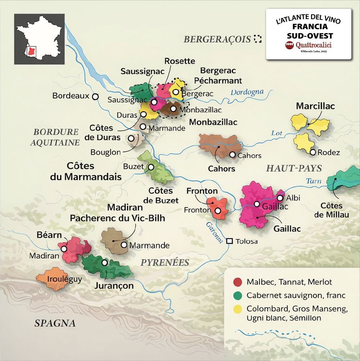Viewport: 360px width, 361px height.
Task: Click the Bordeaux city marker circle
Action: pyautogui.click(x=95, y=96)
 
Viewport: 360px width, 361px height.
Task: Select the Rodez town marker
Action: pyautogui.click(x=313, y=152)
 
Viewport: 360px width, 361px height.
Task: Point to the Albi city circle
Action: pyautogui.click(x=280, y=198)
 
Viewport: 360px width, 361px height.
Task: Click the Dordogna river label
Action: pyautogui.click(x=247, y=92)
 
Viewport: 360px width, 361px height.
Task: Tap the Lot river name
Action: pyautogui.click(x=276, y=133)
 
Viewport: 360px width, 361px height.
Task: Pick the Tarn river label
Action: pyautogui.click(x=313, y=181)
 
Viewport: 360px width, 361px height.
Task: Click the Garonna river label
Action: pyautogui.click(x=215, y=232)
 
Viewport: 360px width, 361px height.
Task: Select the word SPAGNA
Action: pyautogui.click(x=55, y=323)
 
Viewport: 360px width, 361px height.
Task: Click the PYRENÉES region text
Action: pyautogui.click(x=165, y=262)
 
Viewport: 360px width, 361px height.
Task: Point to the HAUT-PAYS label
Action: pyautogui.click(x=294, y=168)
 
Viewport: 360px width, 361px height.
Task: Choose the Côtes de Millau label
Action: pyautogui.click(x=331, y=210)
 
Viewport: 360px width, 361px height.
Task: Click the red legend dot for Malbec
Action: pyautogui.click(x=237, y=282)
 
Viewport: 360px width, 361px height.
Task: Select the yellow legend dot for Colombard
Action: pyautogui.click(x=237, y=309)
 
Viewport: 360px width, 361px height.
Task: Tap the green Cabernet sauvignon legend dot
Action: pyautogui.click(x=237, y=296)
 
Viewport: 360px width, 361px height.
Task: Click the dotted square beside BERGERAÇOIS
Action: pyautogui.click(x=257, y=39)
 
